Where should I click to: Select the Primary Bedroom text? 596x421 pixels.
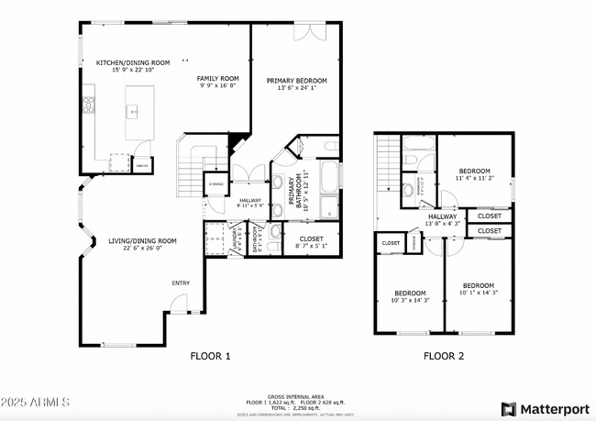297,85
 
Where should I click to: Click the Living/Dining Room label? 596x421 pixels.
136,244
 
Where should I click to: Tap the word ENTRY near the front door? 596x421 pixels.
181,283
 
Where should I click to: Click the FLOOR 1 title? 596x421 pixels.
210,356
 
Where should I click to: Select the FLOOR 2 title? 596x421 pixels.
444,356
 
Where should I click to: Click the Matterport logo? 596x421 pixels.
545,407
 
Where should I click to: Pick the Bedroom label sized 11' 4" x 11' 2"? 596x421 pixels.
474,174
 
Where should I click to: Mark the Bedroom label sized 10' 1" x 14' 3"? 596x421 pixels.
479,288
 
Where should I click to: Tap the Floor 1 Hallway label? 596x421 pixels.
249,203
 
